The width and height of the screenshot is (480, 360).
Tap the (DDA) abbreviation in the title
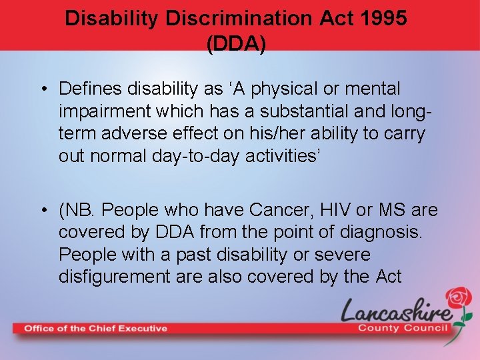pyautogui.click(x=237, y=44)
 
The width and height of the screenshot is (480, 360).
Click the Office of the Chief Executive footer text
pyautogui.click(x=95, y=328)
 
